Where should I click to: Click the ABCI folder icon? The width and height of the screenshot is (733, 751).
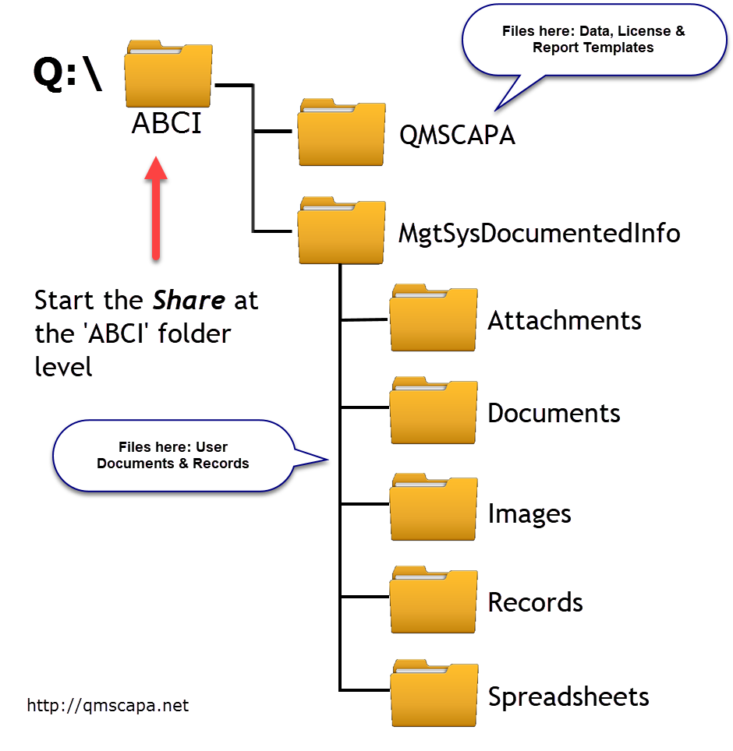[x=168, y=75]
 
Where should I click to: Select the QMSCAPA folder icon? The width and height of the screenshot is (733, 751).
[x=341, y=132]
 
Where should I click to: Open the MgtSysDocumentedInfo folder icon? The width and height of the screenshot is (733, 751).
[x=341, y=231]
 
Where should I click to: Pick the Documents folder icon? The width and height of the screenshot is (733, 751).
[x=433, y=411]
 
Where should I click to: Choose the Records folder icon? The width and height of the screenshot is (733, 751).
[x=433, y=601]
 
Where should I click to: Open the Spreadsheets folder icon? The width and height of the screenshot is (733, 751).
[x=433, y=693]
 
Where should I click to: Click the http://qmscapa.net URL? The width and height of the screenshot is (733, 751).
[x=108, y=706]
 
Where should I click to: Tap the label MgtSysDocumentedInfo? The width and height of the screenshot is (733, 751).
[x=539, y=233]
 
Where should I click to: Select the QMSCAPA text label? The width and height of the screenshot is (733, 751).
[x=457, y=135]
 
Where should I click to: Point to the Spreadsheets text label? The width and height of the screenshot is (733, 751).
[x=568, y=696]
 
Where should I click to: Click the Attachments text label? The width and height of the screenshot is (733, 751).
[x=565, y=320]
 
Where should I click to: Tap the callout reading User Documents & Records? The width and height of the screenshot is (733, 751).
[x=173, y=455]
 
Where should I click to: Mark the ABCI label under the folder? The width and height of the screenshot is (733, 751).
[x=167, y=123]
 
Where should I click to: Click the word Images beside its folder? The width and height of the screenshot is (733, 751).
[x=529, y=513]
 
